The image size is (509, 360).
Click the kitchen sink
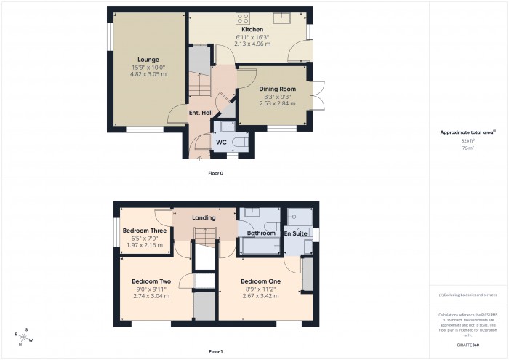281,17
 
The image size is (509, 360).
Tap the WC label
221,143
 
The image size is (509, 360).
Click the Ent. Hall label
200,113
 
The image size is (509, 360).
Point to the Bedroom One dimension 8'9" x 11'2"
260,289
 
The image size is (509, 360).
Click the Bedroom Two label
151,281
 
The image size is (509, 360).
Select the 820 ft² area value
468,140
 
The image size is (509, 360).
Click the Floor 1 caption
216,351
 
